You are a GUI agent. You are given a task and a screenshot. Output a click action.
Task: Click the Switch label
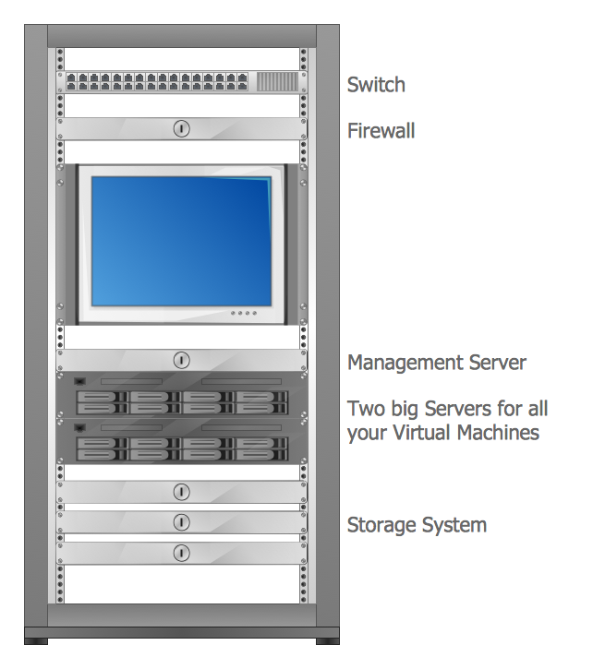pos(376,85)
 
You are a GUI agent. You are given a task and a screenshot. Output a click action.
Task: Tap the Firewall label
pos(381,131)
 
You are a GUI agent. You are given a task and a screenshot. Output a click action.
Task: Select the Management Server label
pos(436,363)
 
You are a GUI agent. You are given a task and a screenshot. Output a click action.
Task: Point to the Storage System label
pos(417,526)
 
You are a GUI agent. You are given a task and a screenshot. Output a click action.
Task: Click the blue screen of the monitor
pos(181,239)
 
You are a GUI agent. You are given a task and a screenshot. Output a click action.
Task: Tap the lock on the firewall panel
pos(182,128)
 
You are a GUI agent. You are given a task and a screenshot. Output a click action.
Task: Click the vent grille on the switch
pos(277,81)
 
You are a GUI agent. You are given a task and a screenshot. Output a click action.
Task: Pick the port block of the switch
pos(158,81)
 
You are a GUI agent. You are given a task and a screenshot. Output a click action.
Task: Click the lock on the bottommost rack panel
pos(182,553)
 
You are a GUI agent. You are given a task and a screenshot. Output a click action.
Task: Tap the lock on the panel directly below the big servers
pos(182,492)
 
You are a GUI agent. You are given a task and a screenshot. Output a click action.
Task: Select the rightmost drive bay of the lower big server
pos(261,449)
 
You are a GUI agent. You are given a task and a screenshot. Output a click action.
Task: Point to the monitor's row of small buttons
pos(243,313)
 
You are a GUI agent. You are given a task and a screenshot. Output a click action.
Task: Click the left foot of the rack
pos(36,639)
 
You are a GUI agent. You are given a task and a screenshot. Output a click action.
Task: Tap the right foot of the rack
pos(327,639)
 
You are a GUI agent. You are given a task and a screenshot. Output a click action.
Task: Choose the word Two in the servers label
pos(365,408)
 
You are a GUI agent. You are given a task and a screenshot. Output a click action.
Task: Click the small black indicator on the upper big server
pos(79,381)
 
